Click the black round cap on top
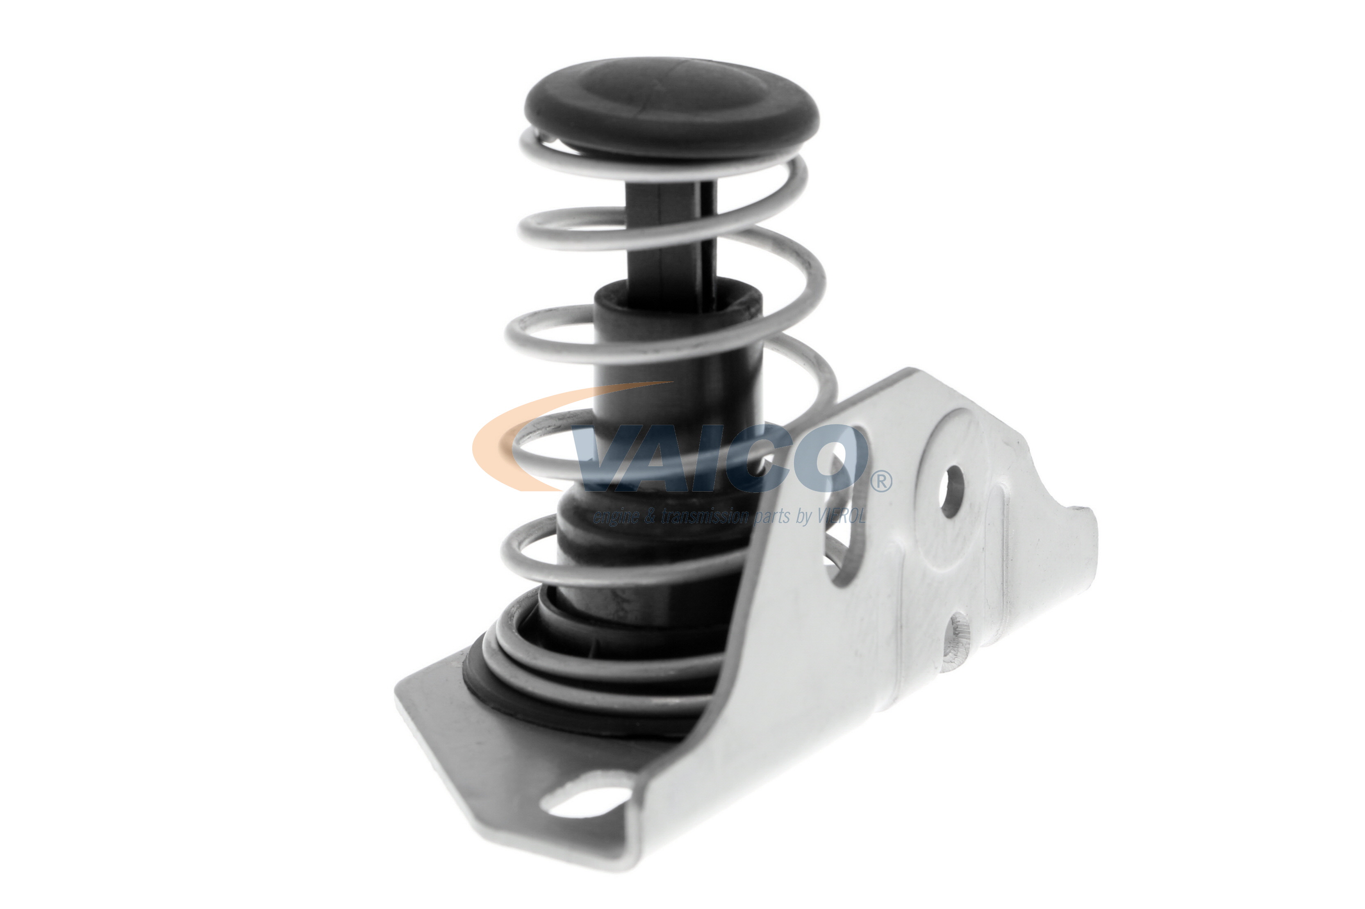[671, 107]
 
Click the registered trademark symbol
[881, 481]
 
